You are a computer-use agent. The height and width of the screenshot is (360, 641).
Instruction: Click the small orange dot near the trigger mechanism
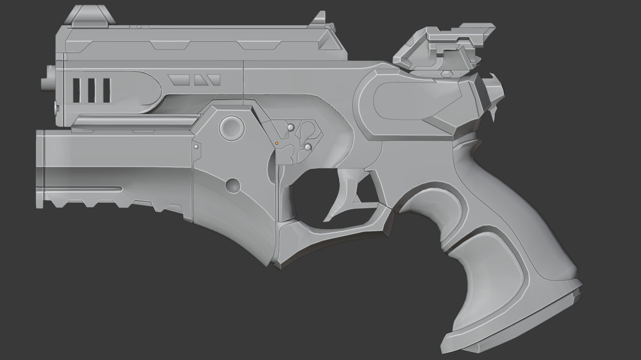(x=276, y=143)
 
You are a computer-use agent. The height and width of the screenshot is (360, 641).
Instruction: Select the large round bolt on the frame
(x=232, y=128)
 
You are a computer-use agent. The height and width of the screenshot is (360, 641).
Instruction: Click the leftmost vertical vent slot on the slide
(x=76, y=90)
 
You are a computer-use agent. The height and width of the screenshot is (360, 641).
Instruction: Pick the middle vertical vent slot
(x=91, y=90)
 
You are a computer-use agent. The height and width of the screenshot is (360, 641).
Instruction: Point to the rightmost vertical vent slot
(x=106, y=90)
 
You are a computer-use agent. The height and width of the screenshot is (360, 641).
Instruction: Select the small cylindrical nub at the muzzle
(x=47, y=79)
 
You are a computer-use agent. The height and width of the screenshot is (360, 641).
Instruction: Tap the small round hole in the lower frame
(x=233, y=186)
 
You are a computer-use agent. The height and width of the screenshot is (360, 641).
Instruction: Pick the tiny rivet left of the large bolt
(x=196, y=146)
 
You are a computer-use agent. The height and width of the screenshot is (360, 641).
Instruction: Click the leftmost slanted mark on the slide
(x=178, y=79)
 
